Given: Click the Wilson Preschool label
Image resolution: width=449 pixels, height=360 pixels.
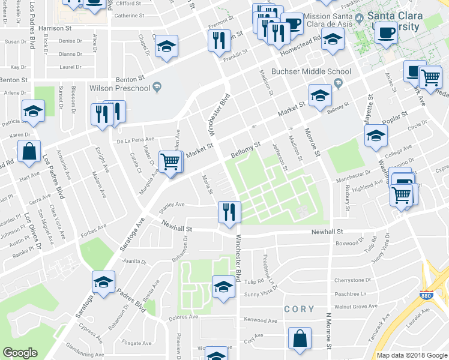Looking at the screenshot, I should (x=119, y=89).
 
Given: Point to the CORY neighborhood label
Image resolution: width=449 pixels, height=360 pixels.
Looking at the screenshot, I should (x=299, y=309).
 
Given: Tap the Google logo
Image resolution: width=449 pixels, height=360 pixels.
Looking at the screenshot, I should (x=19, y=352).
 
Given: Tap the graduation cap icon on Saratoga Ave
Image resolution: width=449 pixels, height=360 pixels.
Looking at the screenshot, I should (x=103, y=282).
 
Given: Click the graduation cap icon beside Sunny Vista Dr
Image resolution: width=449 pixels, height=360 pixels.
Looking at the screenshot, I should (x=223, y=286).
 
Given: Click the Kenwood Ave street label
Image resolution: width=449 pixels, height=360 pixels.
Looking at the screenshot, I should (x=261, y=320).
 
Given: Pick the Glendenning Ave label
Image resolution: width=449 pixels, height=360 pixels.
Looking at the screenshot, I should (x=84, y=350).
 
